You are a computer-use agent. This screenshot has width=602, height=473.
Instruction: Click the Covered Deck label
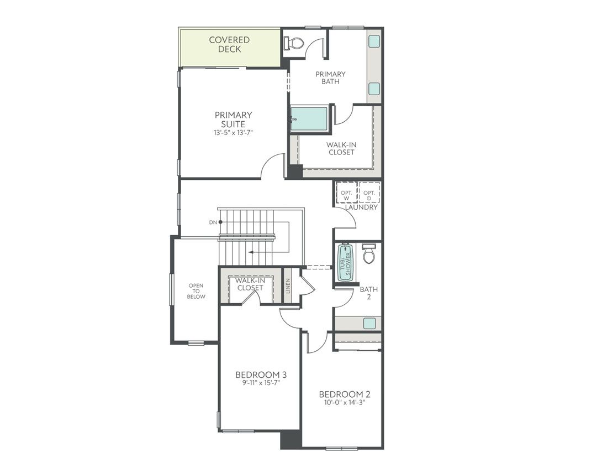click(229, 44)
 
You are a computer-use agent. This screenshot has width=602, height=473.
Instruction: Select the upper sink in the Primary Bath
click(374, 41)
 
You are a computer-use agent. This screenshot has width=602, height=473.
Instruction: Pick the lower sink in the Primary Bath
click(374, 89)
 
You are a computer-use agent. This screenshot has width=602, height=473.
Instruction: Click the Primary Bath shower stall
click(309, 119)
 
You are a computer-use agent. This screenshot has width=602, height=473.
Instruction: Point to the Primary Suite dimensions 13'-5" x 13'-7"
click(234, 133)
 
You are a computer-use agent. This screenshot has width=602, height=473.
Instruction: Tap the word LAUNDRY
click(361, 207)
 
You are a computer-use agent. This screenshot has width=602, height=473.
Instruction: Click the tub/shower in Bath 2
click(345, 262)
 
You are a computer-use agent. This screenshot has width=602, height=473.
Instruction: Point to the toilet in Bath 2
click(369, 254)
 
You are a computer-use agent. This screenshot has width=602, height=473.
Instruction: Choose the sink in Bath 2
click(369, 323)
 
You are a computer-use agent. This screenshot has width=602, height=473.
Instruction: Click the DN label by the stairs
click(213, 222)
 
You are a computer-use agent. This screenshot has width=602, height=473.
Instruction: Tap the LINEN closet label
click(287, 285)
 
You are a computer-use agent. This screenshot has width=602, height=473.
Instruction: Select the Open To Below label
click(196, 291)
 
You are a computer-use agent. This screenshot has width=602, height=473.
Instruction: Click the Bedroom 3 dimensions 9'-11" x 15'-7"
click(260, 383)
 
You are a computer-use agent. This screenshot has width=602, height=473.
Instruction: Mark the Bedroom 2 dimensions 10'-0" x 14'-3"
click(345, 402)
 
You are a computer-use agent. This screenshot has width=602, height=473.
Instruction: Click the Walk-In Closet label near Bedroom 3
click(250, 284)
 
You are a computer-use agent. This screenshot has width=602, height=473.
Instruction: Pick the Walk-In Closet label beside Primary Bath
click(341, 148)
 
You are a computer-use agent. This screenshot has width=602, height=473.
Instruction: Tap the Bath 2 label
click(368, 293)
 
